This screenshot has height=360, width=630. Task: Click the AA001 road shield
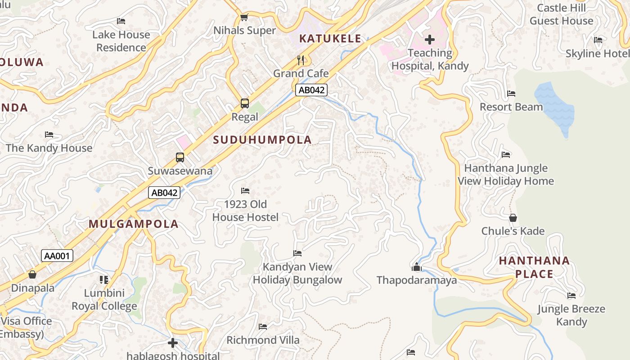click(57, 256)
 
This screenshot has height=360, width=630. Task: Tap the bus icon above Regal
click(245, 103)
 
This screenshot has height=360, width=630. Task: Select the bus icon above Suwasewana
click(180, 157)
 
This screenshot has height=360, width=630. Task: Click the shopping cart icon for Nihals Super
click(244, 17)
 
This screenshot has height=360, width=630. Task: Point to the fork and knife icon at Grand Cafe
click(301, 60)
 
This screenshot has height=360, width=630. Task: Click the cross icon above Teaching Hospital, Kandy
click(430, 40)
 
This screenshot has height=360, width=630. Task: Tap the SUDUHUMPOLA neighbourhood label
click(262, 140)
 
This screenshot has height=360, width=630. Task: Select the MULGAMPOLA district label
click(134, 224)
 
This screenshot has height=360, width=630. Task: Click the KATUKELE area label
click(330, 39)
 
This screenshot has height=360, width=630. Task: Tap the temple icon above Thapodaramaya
click(417, 267)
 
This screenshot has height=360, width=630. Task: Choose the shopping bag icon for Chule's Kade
click(513, 218)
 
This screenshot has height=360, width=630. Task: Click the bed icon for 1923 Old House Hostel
click(245, 191)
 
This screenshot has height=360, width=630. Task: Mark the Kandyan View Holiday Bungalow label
click(297, 273)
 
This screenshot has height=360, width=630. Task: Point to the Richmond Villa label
click(263, 340)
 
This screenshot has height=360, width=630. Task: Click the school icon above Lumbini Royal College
click(104, 280)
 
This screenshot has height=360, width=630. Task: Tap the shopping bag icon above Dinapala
click(32, 274)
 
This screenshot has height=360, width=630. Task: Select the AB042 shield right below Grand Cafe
click(311, 90)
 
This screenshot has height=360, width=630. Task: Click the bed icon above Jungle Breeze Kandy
click(571, 296)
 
